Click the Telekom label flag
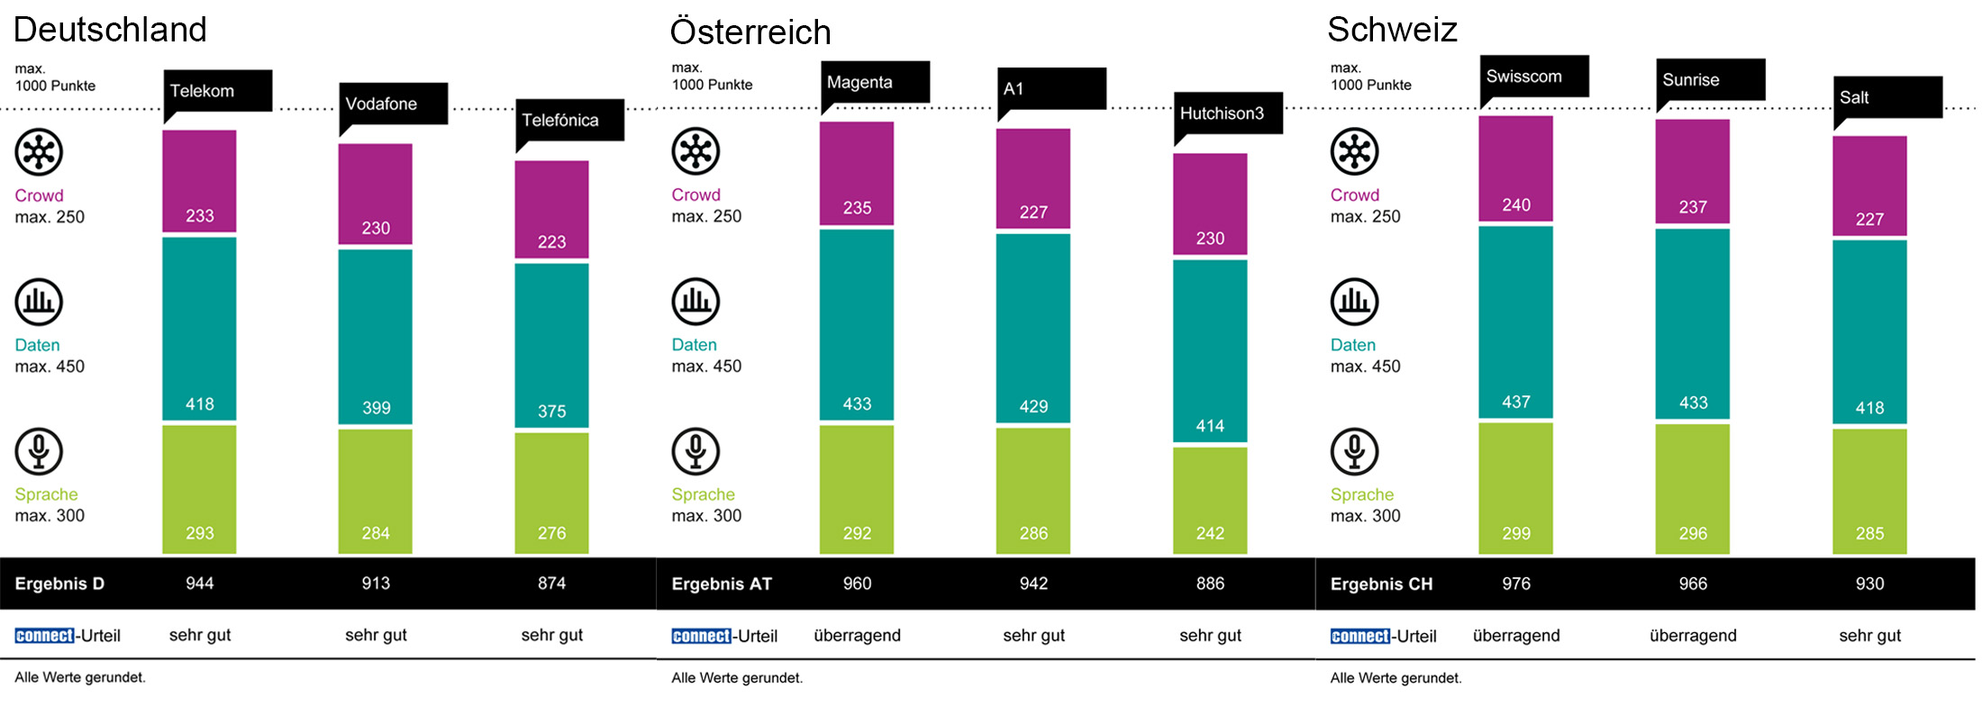click(217, 91)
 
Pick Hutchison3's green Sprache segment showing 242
click(1210, 500)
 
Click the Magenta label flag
click(875, 83)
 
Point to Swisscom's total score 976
click(1516, 584)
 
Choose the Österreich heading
click(750, 32)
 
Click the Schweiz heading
click(1392, 30)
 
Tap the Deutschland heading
click(110, 30)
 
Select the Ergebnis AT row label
click(722, 584)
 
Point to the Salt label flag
click(1887, 97)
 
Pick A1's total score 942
click(1033, 584)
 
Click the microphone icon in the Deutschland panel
click(39, 451)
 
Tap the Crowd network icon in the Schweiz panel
click(1354, 151)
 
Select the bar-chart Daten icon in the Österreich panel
click(696, 302)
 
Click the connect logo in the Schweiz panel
click(1360, 636)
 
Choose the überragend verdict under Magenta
click(857, 636)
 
